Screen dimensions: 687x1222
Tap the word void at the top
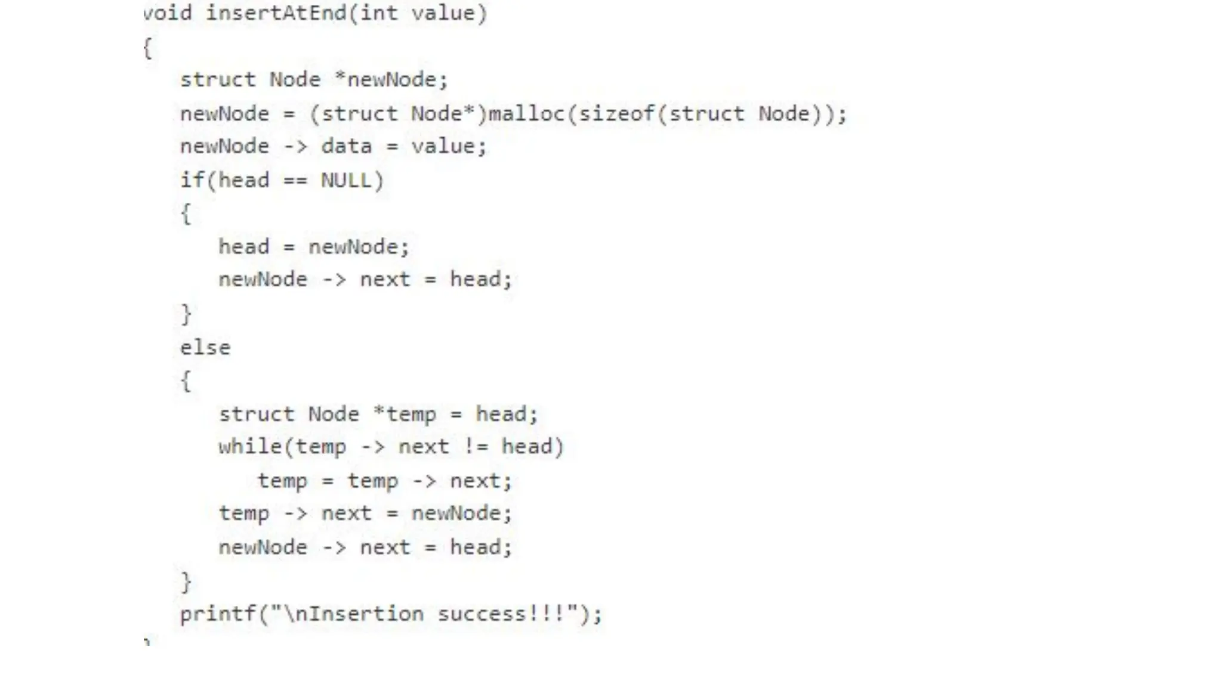point(168,13)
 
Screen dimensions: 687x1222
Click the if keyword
point(192,180)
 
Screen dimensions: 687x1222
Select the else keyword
point(205,347)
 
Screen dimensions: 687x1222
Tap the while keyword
point(250,447)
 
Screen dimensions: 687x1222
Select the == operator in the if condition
point(295,180)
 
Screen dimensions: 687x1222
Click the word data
point(346,146)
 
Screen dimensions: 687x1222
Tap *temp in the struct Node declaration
point(405,414)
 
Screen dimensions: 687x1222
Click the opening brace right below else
point(186,380)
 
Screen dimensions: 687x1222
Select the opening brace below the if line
point(186,213)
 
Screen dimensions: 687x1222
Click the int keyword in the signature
point(378,13)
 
